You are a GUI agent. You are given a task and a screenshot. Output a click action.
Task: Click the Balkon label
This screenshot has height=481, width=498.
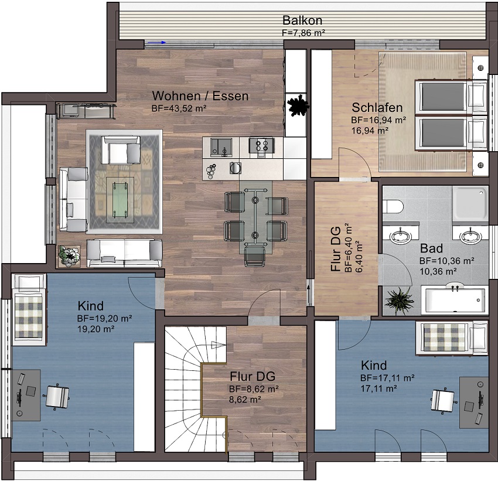(302, 21)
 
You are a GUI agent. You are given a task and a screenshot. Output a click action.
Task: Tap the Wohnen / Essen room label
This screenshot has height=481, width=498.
(200, 96)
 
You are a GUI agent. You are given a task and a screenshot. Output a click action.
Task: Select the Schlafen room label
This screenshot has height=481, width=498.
(377, 108)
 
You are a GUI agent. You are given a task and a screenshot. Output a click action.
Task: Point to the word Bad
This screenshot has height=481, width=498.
(431, 248)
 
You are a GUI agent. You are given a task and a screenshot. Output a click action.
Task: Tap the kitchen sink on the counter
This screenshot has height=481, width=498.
(221, 147)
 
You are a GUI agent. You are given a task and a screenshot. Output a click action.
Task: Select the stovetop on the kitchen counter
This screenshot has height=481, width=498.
(261, 146)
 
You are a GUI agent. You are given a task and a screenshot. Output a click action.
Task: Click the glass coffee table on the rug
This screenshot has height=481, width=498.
(120, 200)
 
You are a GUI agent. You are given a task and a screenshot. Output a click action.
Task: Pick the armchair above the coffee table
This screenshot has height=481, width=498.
(120, 150)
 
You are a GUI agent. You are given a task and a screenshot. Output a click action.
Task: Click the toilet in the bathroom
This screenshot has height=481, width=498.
(393, 207)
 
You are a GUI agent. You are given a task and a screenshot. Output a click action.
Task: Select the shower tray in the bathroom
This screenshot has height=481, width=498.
(470, 203)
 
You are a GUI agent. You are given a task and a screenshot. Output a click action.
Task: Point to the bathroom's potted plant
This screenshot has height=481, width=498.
(399, 301)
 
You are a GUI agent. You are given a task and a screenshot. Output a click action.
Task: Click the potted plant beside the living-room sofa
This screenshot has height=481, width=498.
(69, 255)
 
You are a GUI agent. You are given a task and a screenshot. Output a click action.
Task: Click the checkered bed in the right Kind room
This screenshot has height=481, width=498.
(452, 337)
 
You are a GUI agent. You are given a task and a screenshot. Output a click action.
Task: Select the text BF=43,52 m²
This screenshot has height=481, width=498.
(179, 108)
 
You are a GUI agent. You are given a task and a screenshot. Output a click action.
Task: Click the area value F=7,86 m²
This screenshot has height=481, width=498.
(303, 33)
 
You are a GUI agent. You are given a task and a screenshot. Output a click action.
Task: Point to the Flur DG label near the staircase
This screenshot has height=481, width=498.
(253, 376)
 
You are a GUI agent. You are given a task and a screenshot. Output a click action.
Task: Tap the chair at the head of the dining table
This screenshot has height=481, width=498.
(255, 256)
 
